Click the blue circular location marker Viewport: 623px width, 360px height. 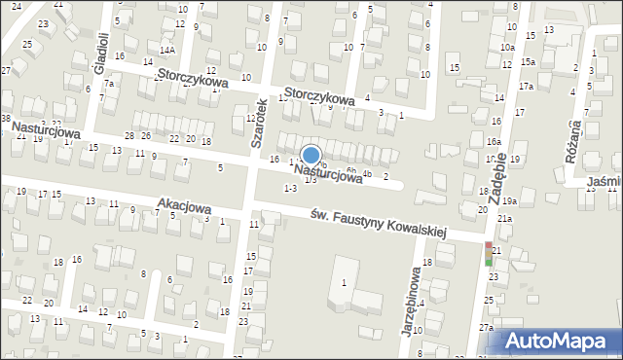(311, 155)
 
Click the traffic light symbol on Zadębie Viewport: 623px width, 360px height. (489, 254)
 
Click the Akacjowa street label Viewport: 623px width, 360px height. (183, 207)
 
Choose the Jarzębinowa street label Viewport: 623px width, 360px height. (411, 299)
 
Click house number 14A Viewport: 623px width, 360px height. (167, 50)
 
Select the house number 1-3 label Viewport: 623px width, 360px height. (289, 188)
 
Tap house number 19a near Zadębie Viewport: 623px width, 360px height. (509, 200)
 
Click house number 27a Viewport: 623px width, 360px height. (486, 329)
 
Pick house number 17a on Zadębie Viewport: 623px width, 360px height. (527, 87)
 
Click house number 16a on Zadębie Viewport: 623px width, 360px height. (494, 141)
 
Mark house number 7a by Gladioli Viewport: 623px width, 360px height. (110, 84)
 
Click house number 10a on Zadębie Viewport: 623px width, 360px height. (507, 47)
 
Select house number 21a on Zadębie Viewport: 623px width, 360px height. (504, 219)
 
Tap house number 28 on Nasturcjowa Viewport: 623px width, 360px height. (129, 135)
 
